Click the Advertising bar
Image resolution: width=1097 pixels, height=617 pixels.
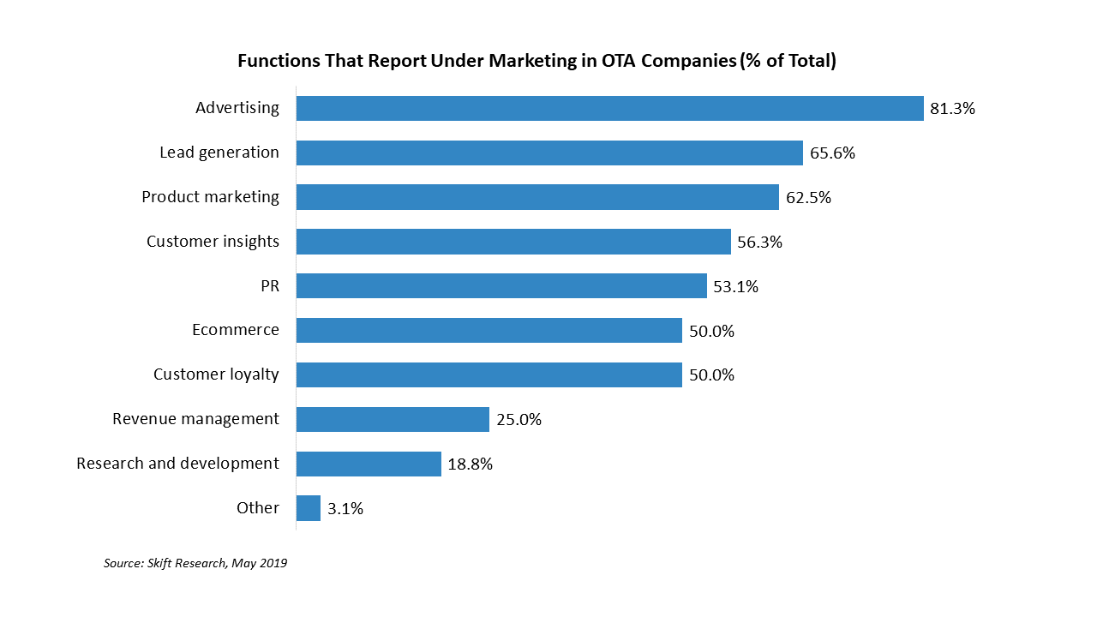[x=609, y=108]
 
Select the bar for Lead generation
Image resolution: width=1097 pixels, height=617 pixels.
[x=549, y=153]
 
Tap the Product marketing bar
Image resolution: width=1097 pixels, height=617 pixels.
[x=537, y=197]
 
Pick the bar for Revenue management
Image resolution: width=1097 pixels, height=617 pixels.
[x=393, y=419]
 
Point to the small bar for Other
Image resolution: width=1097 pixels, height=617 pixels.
[x=309, y=508]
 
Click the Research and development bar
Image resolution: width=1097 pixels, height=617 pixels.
[x=369, y=464]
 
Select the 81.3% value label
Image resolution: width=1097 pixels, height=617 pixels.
[x=952, y=109]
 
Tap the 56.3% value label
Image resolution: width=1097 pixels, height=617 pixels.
[x=759, y=243]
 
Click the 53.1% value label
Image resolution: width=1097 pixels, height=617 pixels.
[x=735, y=287]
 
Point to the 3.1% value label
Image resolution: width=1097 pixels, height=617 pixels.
[x=345, y=509]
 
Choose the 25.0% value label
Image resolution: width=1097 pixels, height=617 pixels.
[x=519, y=420]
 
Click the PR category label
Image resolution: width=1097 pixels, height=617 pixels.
[x=270, y=286]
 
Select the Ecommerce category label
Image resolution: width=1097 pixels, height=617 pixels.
[x=236, y=330]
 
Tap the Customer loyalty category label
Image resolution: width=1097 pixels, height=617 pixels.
[x=216, y=374]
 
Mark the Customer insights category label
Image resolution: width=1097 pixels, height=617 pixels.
[x=213, y=242]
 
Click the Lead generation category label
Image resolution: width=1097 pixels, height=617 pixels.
[x=219, y=153]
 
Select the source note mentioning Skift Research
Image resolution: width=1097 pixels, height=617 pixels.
[x=195, y=564]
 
